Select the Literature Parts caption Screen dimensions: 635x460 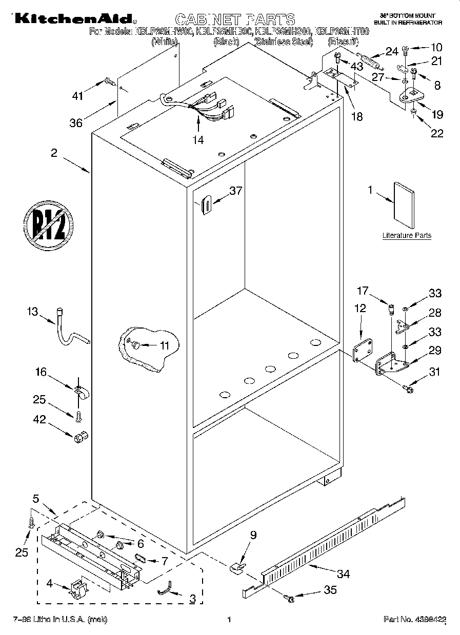coord(407,236)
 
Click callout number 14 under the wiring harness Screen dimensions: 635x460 coord(198,139)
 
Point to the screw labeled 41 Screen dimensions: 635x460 coord(110,81)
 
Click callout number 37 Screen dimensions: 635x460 coord(235,191)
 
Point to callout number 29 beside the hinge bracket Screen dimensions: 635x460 coord(434,351)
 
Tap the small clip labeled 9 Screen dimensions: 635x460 coord(236,567)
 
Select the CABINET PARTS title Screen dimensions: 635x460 coord(235,19)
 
